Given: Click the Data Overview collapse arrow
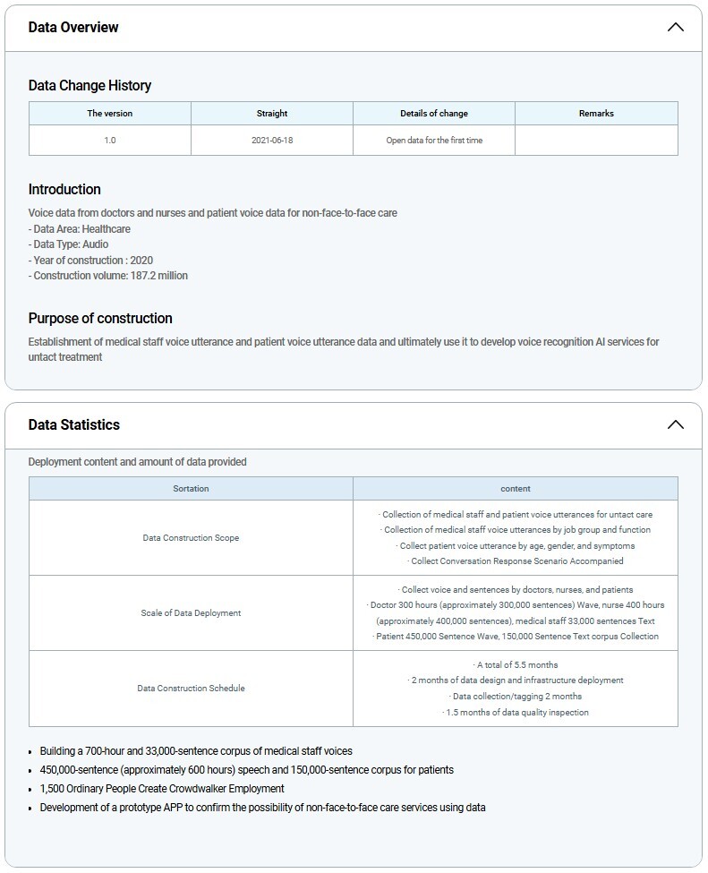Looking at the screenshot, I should pos(676,27).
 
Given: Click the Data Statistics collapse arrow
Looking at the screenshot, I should pos(676,424).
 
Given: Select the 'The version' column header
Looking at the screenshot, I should pos(110,114).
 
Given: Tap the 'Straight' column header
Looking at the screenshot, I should pos(272,114).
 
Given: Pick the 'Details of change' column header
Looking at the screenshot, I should pos(434,114).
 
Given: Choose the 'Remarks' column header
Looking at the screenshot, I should pos(596,114).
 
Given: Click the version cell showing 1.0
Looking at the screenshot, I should pos(110,141).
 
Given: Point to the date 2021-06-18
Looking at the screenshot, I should pos(272,141).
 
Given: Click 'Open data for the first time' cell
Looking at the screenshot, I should pos(434,141).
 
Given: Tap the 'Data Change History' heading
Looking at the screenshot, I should pos(90,86).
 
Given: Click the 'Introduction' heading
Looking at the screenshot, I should pos(64,190).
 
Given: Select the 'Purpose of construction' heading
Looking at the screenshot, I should pos(100,319).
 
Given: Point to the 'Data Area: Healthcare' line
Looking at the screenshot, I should pos(80,229).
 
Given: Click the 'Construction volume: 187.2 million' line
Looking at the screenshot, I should pos(108,276).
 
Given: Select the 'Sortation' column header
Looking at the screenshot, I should pos(191,489).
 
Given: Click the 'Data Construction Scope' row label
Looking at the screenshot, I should pos(191,538).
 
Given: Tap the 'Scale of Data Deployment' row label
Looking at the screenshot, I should pos(191,613).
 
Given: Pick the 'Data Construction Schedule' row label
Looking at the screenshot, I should pos(191,689).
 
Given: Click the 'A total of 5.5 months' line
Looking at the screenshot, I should pos(516,665).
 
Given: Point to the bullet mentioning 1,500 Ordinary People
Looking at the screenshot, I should pos(162,789).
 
